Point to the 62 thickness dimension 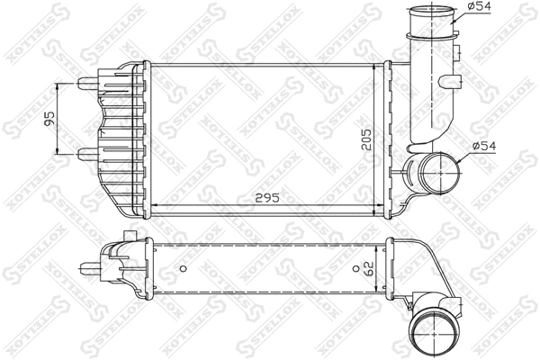tap(367, 267)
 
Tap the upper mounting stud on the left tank tap(87, 83)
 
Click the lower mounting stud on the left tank tap(87, 154)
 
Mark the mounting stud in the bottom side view tap(89, 266)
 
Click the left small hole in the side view tap(183, 267)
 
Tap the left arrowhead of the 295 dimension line tap(150, 206)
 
